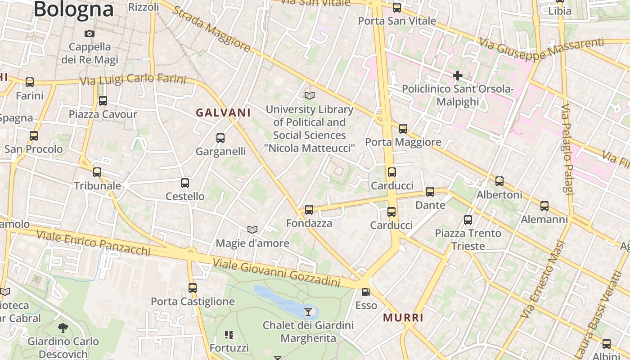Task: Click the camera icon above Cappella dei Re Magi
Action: pyautogui.click(x=90, y=33)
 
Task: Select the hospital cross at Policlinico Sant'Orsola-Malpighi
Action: pyautogui.click(x=458, y=75)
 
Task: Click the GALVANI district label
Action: pyautogui.click(x=223, y=112)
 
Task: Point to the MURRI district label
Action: pyautogui.click(x=403, y=318)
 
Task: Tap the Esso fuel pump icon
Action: pyautogui.click(x=366, y=292)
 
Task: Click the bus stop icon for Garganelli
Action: pyautogui.click(x=220, y=138)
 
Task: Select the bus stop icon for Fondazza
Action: pyautogui.click(x=309, y=210)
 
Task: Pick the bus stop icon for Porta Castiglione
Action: pyautogui.click(x=193, y=288)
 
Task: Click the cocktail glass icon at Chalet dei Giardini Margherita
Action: pyautogui.click(x=308, y=311)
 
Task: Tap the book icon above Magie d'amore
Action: pyautogui.click(x=252, y=230)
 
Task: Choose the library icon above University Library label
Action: pyautogui.click(x=310, y=95)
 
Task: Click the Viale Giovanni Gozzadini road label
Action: pyautogui.click(x=276, y=273)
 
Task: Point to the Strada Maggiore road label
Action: pyautogui.click(x=211, y=29)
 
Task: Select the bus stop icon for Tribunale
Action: pyautogui.click(x=97, y=172)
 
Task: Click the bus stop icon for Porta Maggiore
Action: pyautogui.click(x=403, y=129)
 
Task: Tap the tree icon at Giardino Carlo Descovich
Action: pyautogui.click(x=63, y=328)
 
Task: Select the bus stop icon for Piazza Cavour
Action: pyautogui.click(x=103, y=101)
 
